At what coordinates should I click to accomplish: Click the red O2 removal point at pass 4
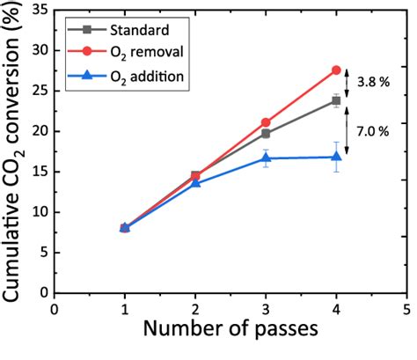[x=336, y=70]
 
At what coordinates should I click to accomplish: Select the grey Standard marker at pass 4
[x=336, y=100]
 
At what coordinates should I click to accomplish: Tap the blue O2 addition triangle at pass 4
[x=336, y=157]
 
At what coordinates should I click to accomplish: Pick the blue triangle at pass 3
[x=266, y=158]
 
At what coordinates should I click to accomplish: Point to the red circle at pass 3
[x=266, y=122]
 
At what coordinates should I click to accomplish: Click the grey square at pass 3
[x=266, y=133]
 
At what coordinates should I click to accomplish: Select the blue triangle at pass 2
[x=195, y=182]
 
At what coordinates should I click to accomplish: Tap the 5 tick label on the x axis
[x=406, y=309]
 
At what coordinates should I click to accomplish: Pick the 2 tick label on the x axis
[x=195, y=309]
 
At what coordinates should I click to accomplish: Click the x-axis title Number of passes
[x=230, y=340]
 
